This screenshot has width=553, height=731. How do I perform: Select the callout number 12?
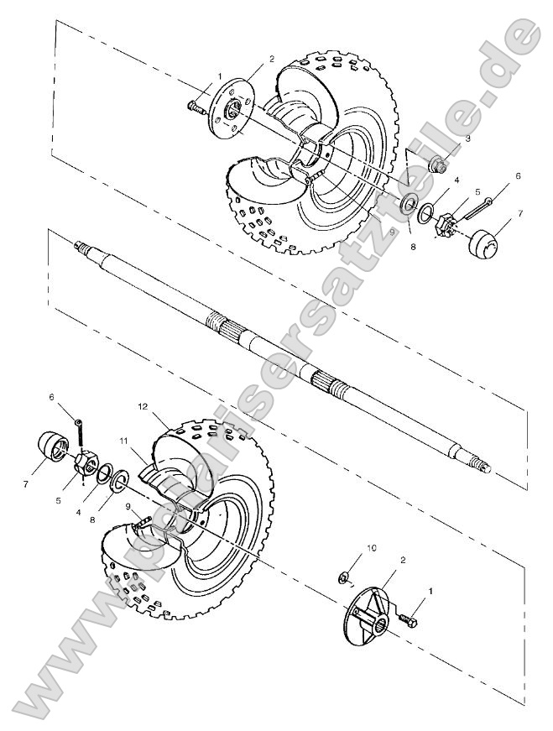click(x=143, y=405)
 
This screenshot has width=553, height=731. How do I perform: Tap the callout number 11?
click(x=123, y=441)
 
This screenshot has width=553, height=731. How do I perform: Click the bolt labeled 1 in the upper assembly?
click(x=196, y=106)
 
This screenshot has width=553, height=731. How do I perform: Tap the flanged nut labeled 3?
click(x=436, y=164)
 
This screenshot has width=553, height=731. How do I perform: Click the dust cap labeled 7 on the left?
click(x=52, y=447)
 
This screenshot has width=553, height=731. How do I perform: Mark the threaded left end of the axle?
click(x=82, y=247)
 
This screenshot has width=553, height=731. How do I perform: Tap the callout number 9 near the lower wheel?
click(x=127, y=508)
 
